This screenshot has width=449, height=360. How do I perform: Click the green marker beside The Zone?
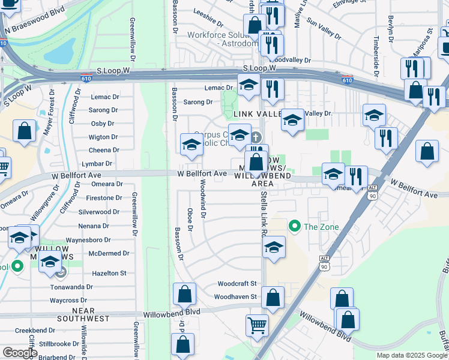pos(294,226)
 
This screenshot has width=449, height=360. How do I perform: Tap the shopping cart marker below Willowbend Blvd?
pos(257,325)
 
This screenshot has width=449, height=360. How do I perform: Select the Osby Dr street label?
pos(102,124)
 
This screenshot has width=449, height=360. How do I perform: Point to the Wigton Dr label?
pos(103,137)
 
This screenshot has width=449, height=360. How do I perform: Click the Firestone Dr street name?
pos(104,198)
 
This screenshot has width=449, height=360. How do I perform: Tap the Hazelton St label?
pos(110,273)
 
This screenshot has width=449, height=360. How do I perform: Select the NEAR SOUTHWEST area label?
pos(83,316)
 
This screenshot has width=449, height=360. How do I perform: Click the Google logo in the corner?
pos(19,352)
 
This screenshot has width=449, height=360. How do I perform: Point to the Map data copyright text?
pos(412,355)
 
